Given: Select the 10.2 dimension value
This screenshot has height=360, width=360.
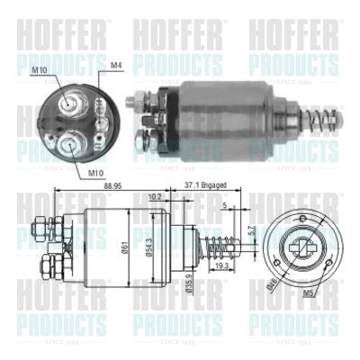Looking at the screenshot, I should pos(154,195).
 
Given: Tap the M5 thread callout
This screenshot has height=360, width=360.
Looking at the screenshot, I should pos(310,293).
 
